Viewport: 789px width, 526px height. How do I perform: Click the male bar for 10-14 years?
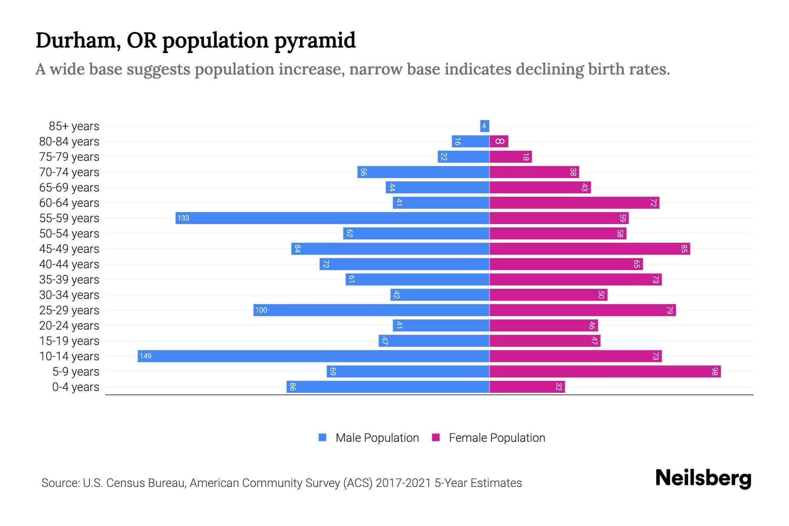(x=313, y=356)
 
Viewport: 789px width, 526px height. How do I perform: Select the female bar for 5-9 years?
(x=605, y=372)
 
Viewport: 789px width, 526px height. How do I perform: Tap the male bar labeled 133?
(x=332, y=218)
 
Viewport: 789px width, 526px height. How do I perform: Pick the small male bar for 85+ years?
(x=485, y=126)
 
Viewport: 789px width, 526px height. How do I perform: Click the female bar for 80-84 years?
(x=499, y=141)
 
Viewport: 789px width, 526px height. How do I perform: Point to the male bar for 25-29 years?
(x=371, y=310)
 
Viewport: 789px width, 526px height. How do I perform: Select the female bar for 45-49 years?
(x=590, y=249)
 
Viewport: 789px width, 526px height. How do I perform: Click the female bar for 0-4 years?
(x=527, y=387)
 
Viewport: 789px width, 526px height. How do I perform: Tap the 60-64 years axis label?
(x=69, y=203)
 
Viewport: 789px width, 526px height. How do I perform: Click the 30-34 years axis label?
(x=69, y=295)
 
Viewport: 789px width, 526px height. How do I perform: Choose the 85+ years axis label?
(x=74, y=126)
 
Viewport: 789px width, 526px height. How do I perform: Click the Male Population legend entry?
(x=369, y=437)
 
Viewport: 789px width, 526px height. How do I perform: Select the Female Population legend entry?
(x=488, y=437)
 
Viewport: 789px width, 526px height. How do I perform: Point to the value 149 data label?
(x=146, y=356)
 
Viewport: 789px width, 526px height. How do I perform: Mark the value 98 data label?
(x=715, y=372)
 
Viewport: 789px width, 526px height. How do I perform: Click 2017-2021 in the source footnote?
(x=403, y=483)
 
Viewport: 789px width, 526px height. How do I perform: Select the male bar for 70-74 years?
(x=423, y=172)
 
